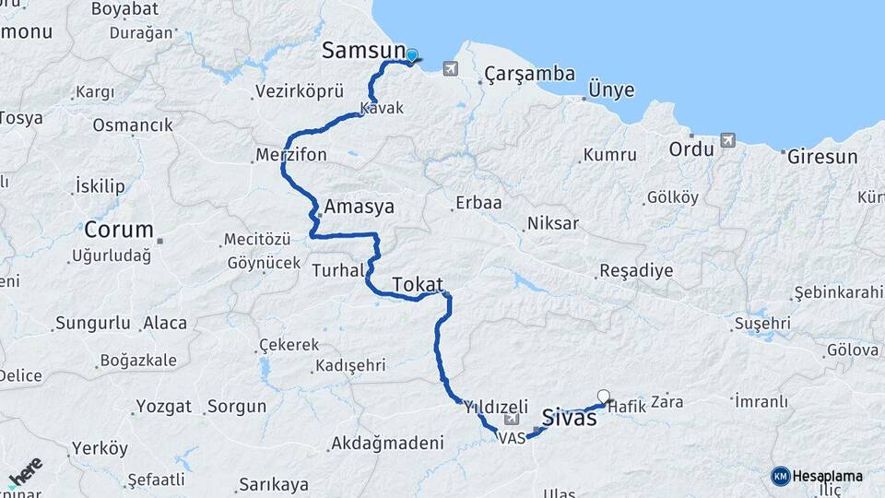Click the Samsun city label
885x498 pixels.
point(363,52)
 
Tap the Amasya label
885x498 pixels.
point(359,207)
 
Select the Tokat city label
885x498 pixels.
point(418,285)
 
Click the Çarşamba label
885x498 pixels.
point(530,74)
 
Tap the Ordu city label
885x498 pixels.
point(691,148)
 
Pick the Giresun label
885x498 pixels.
point(822,157)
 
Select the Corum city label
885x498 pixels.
point(118,230)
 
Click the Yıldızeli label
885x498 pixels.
point(496,407)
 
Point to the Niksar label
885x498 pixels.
point(552,223)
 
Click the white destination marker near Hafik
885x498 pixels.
point(604,397)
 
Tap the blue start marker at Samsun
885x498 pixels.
point(411,55)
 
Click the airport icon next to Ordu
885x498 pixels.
point(728,141)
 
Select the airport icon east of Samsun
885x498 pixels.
point(450,67)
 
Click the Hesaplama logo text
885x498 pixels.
point(827,476)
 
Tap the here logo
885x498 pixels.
point(26,473)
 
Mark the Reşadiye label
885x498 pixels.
point(636,271)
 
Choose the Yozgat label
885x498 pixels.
point(163,406)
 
